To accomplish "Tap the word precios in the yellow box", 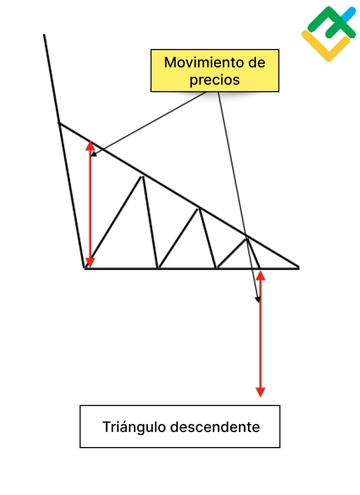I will tap(215, 79).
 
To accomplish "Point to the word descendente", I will tap(215, 427).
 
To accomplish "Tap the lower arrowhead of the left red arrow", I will tap(90, 263).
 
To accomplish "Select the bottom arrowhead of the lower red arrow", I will tap(260, 392).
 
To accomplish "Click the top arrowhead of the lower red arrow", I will tap(260, 276).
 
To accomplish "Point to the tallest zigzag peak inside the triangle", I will tap(143, 176).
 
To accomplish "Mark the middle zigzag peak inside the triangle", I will tap(198, 208).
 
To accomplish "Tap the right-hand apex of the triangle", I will tap(298, 267).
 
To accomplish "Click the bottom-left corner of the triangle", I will tap(85, 268).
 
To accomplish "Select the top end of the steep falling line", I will tap(44, 35).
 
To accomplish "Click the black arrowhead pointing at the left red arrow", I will tap(94, 155).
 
